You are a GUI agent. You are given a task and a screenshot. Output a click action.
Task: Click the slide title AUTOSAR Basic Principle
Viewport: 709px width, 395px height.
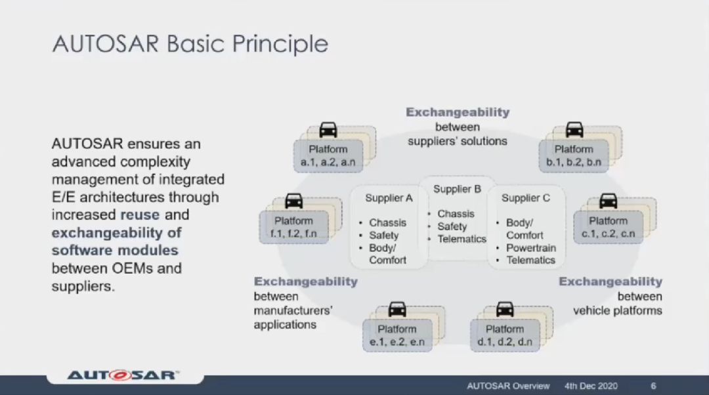click(190, 44)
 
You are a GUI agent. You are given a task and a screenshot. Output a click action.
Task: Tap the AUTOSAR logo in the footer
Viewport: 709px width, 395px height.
click(123, 375)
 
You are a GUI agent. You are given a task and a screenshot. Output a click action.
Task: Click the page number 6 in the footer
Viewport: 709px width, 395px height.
click(653, 386)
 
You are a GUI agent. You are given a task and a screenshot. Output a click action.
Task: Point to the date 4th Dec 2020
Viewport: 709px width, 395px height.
click(591, 386)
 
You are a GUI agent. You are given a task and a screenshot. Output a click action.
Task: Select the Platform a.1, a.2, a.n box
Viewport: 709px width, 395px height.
click(328, 156)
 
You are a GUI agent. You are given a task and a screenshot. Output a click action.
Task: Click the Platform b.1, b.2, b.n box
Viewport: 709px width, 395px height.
click(574, 156)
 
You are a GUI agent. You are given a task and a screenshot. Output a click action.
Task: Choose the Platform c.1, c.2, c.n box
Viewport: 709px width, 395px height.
click(608, 227)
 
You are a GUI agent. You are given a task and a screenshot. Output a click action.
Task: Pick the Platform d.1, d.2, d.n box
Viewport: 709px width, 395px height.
click(505, 335)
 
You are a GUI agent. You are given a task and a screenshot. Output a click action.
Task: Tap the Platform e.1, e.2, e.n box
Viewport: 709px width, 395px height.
click(397, 335)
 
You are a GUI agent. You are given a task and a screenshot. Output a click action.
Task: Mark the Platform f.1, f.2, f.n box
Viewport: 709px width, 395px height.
click(293, 227)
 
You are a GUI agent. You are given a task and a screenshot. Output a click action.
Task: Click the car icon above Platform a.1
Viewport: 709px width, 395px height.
click(328, 130)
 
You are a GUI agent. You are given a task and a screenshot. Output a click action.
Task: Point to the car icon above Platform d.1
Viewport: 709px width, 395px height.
click(505, 309)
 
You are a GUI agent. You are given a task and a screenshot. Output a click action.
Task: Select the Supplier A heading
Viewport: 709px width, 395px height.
click(389, 198)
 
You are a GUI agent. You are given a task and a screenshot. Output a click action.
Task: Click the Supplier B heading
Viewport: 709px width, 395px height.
click(457, 190)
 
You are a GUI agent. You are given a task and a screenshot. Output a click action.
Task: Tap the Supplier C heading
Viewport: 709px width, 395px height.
click(526, 198)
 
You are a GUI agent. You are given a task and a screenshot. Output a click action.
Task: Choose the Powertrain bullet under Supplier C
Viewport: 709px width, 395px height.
click(530, 248)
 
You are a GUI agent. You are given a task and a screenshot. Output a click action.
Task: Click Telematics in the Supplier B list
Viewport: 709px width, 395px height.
click(462, 239)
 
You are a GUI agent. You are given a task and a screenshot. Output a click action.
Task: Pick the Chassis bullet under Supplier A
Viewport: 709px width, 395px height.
click(387, 223)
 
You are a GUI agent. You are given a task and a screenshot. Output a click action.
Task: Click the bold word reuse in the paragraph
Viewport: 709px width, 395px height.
click(140, 215)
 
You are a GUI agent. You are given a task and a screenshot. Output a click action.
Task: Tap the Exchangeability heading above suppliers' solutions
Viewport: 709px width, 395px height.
click(458, 112)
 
